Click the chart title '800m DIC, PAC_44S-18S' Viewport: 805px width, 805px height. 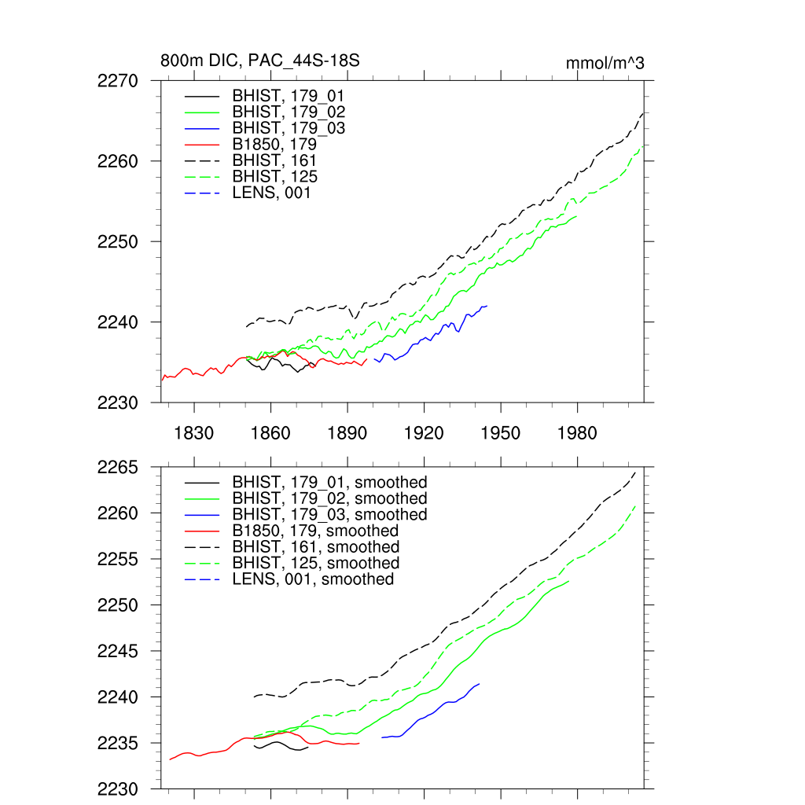click(260, 61)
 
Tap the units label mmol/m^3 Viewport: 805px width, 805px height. click(605, 63)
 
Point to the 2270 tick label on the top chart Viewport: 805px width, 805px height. click(119, 81)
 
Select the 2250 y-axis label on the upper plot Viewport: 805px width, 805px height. click(119, 241)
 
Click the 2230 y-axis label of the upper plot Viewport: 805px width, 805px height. click(119, 402)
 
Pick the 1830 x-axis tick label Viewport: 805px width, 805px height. click(194, 433)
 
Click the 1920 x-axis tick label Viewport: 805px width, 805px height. click(425, 433)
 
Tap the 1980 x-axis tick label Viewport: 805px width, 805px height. click(578, 433)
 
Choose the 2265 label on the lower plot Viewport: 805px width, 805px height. click(119, 468)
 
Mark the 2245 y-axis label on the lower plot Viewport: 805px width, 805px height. click(119, 652)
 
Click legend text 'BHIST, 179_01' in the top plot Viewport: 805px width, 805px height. click(289, 96)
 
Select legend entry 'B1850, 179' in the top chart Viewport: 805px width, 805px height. click(274, 145)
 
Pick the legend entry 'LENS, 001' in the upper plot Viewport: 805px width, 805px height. click(271, 193)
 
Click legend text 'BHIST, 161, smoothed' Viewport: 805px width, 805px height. click(316, 546)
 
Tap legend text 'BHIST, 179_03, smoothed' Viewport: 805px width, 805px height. click(330, 514)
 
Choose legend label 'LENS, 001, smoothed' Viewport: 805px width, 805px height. click(313, 579)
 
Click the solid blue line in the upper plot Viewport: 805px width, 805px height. click(425, 339)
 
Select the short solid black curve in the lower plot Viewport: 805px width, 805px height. click(279, 743)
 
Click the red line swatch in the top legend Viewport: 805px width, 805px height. click(201, 145)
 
